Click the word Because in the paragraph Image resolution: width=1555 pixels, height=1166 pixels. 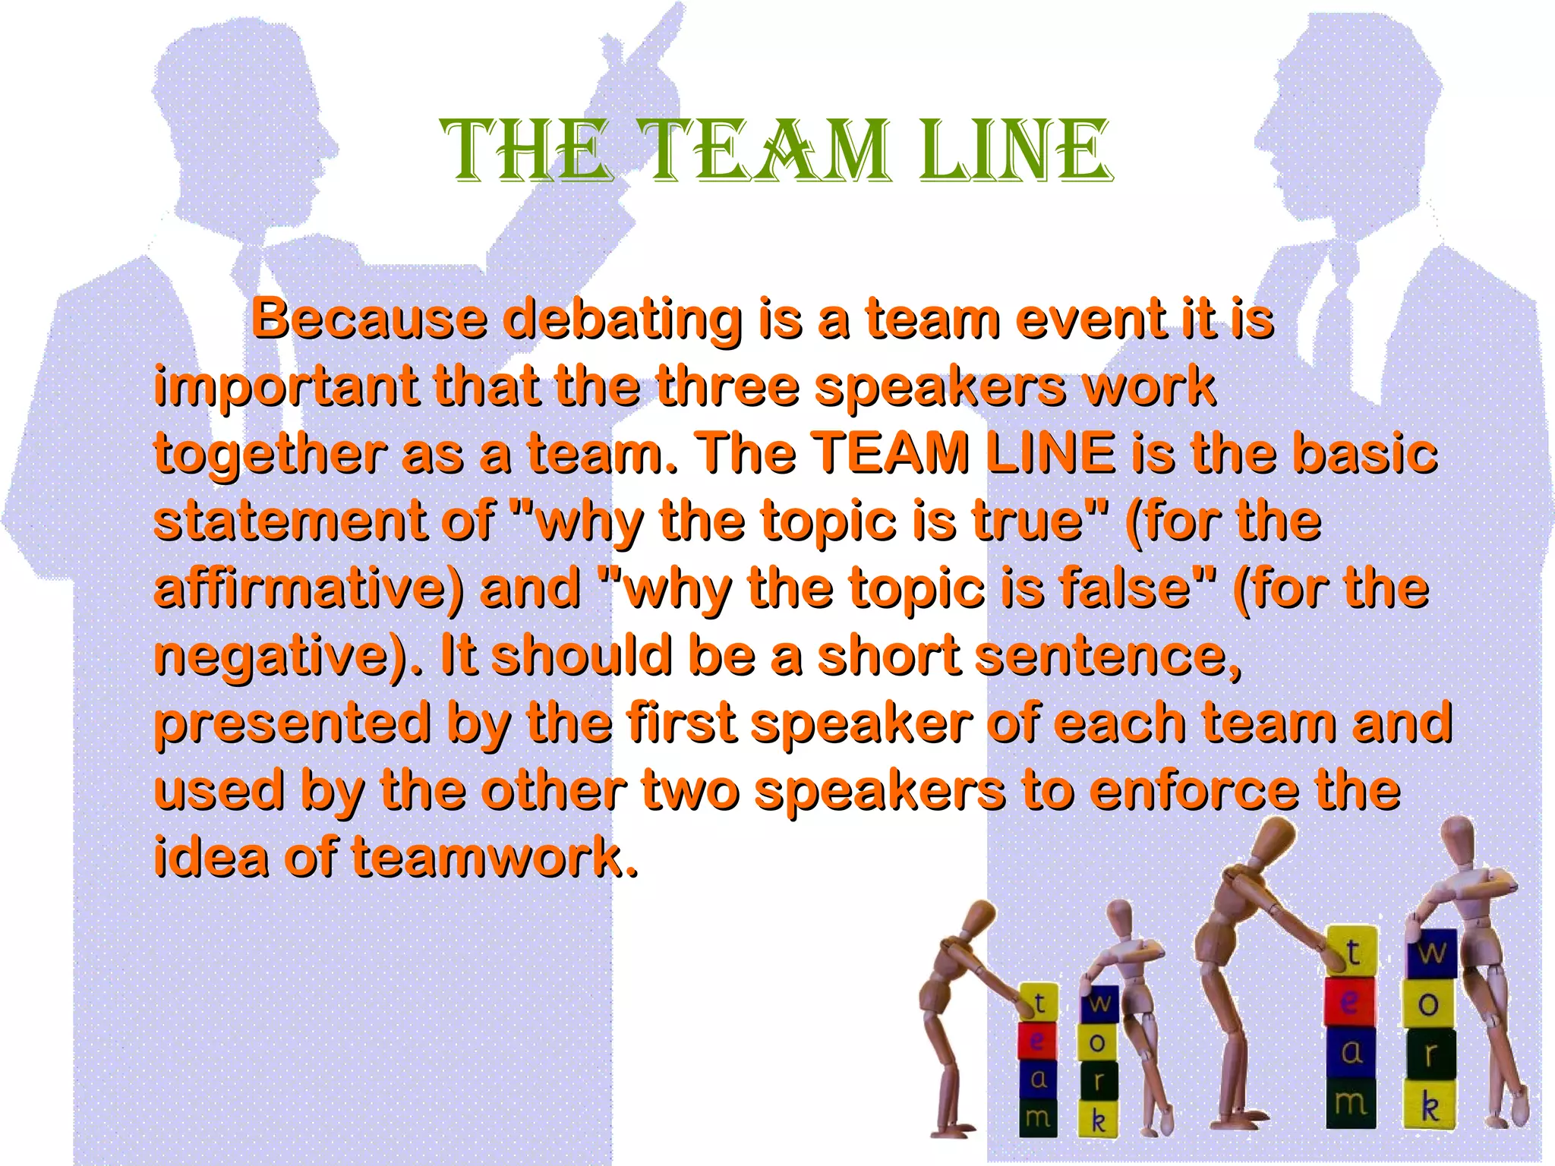click(x=369, y=319)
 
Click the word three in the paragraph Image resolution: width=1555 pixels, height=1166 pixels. click(x=727, y=386)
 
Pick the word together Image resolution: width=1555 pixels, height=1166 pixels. click(x=270, y=454)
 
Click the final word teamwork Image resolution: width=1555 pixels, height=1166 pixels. click(x=494, y=856)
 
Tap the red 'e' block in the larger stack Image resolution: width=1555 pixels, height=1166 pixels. click(x=1349, y=1001)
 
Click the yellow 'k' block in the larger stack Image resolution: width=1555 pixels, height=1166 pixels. click(x=1429, y=1105)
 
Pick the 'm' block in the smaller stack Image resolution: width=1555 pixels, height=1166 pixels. click(x=1037, y=1116)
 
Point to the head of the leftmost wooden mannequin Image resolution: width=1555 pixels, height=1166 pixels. click(x=980, y=918)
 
